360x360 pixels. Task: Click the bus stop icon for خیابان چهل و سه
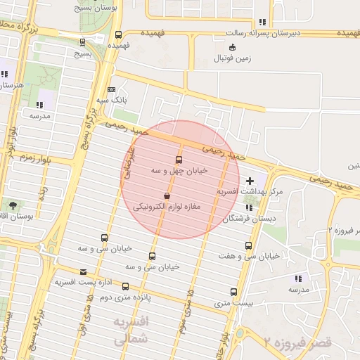(x=179, y=160)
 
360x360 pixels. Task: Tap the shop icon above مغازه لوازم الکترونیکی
(x=166, y=195)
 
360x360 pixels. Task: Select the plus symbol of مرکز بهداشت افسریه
(x=250, y=181)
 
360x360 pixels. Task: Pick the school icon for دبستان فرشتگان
(x=249, y=207)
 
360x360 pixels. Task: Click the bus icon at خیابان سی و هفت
(x=248, y=246)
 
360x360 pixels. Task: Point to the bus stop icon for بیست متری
(x=233, y=292)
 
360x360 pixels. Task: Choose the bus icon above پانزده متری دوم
(x=126, y=286)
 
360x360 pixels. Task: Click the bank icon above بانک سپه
(x=112, y=89)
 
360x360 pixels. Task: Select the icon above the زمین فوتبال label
(x=233, y=47)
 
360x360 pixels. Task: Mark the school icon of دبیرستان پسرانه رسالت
(x=262, y=22)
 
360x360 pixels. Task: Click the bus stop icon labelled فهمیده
(x=118, y=34)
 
